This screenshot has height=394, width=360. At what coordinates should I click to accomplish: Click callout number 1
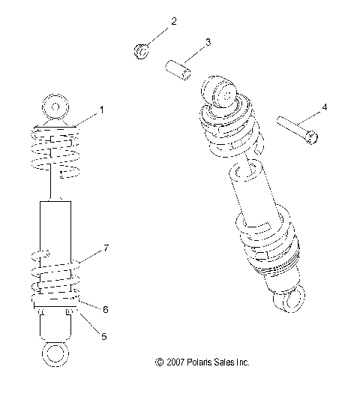[x=102, y=110]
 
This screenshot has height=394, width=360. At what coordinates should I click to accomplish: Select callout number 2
[x=174, y=21]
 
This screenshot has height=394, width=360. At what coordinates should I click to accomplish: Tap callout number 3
[x=207, y=42]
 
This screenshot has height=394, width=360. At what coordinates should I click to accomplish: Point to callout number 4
[x=325, y=108]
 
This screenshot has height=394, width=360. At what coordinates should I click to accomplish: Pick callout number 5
[x=103, y=337]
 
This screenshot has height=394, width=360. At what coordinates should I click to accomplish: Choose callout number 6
[x=105, y=309]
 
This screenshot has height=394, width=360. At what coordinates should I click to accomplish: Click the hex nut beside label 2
[x=139, y=51]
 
